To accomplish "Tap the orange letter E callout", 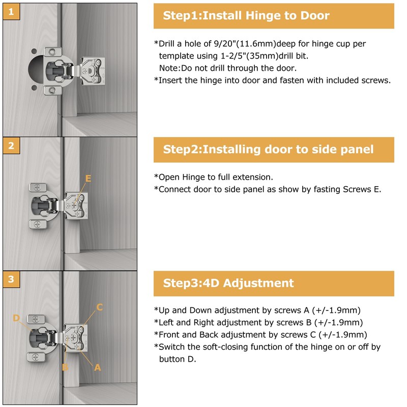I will click(88, 179).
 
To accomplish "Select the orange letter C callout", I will click(100, 307).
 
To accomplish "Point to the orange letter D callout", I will click(16, 318).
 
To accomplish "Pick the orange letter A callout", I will click(98, 367).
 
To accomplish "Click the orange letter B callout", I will click(65, 367).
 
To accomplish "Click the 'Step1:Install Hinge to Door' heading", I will click(246, 15).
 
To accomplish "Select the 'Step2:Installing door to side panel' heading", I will click(268, 149).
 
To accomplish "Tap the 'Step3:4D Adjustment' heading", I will click(228, 283).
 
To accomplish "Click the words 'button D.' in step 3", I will click(178, 359).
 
